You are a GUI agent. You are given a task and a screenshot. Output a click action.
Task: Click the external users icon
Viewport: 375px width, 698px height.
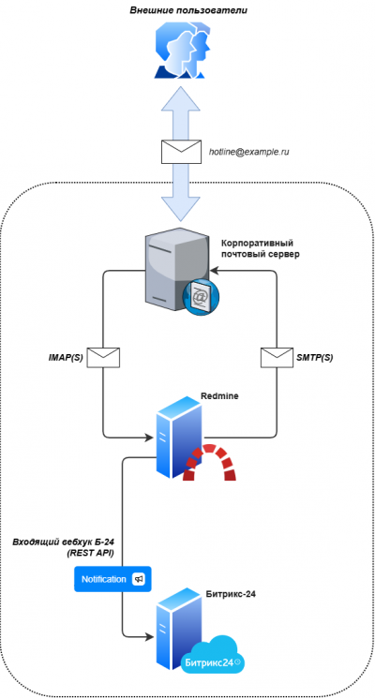(x=183, y=51)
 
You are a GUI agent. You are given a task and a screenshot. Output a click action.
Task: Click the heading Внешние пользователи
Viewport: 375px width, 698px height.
(x=188, y=9)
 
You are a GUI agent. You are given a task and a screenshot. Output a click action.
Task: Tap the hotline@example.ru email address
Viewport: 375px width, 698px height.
(x=249, y=152)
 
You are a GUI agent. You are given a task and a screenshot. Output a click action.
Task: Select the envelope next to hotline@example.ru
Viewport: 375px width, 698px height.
(x=181, y=152)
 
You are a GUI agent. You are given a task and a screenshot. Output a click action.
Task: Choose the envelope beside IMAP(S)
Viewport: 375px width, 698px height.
(x=103, y=358)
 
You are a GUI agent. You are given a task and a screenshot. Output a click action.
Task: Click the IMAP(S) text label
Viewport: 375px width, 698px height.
(x=66, y=358)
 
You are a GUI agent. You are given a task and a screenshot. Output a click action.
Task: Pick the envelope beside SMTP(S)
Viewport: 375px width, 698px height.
(x=277, y=358)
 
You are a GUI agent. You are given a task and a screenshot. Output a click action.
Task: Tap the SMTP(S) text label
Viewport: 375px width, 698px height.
(x=315, y=358)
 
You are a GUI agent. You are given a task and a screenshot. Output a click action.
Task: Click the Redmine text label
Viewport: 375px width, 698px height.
(x=219, y=396)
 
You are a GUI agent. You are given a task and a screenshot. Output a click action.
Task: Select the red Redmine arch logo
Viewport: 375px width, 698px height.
(x=209, y=463)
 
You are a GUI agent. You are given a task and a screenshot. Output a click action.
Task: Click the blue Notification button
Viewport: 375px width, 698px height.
(x=112, y=579)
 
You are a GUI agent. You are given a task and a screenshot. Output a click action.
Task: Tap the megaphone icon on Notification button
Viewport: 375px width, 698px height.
(x=139, y=579)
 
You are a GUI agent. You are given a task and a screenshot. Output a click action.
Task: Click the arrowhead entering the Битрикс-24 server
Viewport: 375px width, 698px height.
(x=150, y=636)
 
